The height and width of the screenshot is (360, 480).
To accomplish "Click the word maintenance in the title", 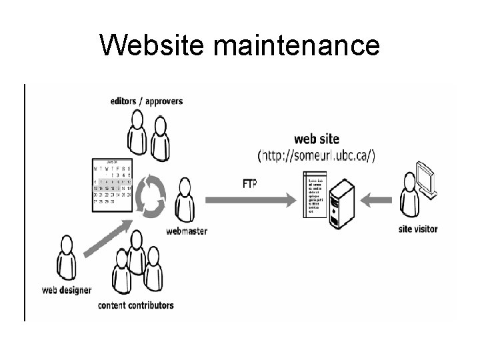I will click(295, 45).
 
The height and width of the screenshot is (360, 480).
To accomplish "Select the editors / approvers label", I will click(146, 101).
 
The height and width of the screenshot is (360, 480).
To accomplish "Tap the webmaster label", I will click(186, 231).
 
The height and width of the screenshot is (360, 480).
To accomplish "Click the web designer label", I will click(67, 290).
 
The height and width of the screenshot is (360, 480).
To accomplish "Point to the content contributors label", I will click(135, 305).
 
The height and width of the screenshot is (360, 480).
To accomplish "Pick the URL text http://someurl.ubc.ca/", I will click(317, 155).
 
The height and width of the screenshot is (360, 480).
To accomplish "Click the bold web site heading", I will click(317, 139).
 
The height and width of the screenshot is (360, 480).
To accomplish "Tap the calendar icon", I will click(113, 182).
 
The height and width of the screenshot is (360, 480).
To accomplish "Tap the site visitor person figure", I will click(412, 200).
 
